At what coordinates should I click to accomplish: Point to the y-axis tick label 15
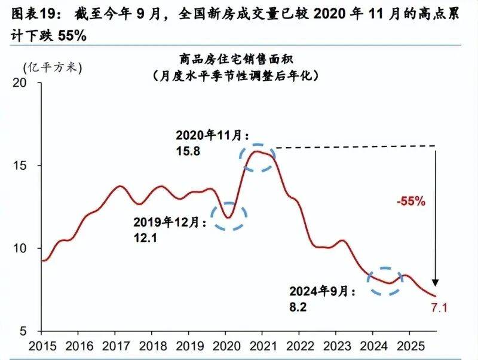pos(29,166)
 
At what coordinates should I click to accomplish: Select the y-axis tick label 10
pos(29,248)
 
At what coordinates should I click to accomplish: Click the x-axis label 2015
pos(41,346)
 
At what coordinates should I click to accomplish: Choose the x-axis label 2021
pos(262,346)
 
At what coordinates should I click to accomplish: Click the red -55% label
pos(410,202)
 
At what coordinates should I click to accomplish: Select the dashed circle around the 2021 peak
pos(258,158)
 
